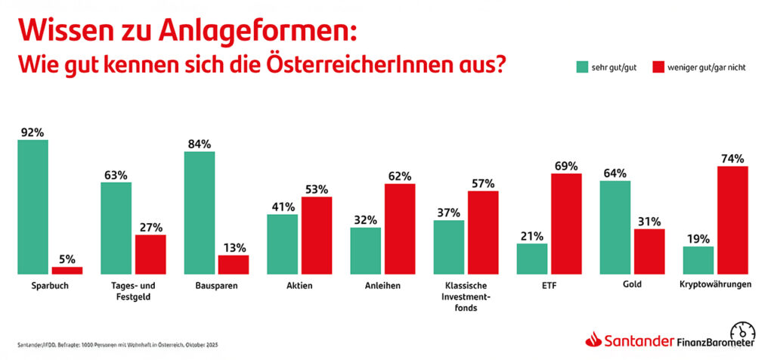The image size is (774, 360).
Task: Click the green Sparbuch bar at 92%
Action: [x=33, y=206]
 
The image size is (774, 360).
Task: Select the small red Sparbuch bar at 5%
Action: [x=67, y=270]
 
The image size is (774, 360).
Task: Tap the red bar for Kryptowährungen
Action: [x=732, y=220]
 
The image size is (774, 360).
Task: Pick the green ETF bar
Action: [x=532, y=259]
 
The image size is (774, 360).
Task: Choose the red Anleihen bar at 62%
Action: [x=400, y=228]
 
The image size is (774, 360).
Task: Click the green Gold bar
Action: [x=615, y=228]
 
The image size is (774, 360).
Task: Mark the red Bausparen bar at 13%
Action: [x=233, y=264]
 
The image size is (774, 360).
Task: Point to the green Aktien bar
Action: [x=282, y=244]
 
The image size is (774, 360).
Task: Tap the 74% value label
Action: [x=732, y=159]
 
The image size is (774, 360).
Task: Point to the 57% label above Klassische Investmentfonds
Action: [x=482, y=183]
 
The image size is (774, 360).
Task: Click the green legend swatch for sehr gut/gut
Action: [x=581, y=67]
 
